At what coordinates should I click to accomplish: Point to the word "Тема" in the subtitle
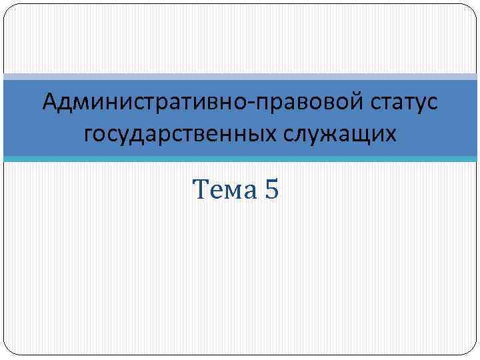click(224, 191)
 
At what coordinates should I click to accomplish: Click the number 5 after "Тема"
click(272, 191)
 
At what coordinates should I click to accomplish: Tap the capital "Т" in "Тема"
click(200, 191)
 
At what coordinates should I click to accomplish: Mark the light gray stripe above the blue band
click(240, 76)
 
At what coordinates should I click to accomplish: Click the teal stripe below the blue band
click(240, 159)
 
